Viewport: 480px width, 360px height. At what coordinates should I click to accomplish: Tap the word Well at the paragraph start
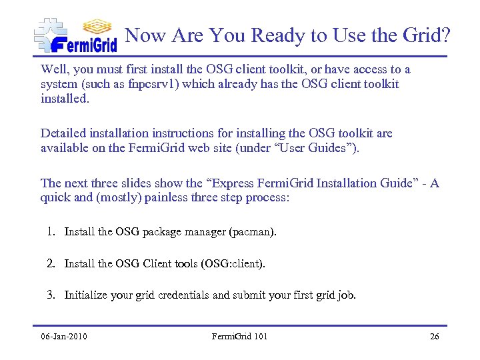pos(53,69)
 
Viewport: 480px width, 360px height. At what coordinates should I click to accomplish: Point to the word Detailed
pos(64,133)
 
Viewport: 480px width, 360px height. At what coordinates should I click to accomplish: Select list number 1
pos(51,232)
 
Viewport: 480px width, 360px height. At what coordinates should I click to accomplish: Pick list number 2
pos(51,263)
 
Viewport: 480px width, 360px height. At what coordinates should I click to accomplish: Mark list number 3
pos(51,295)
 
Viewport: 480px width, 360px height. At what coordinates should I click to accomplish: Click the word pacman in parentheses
pos(250,233)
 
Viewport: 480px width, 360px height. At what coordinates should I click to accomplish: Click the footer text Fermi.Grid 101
pos(239,336)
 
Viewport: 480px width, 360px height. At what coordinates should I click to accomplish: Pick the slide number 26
pos(434,336)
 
